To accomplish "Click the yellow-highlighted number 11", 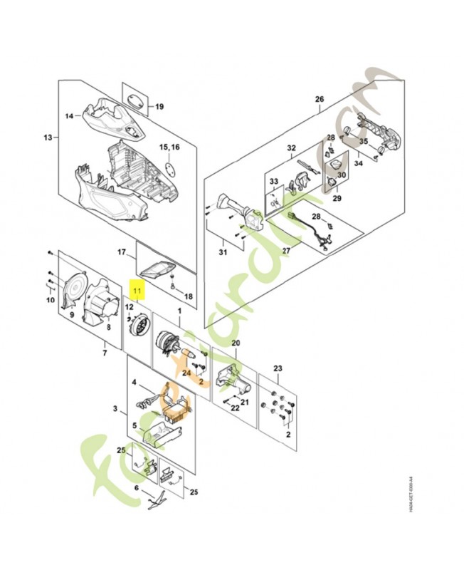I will pos(136,291).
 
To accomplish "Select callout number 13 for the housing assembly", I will pos(48,137).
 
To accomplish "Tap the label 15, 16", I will pos(169,147).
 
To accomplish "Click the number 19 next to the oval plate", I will pos(159,107).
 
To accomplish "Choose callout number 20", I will pos(236,344).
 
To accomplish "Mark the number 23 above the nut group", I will pos(278,368).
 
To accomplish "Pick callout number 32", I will pos(291,148).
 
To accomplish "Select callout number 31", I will pos(223,252).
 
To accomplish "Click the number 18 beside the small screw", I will pos(188,296).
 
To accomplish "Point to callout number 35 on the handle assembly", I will pos(364,141).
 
